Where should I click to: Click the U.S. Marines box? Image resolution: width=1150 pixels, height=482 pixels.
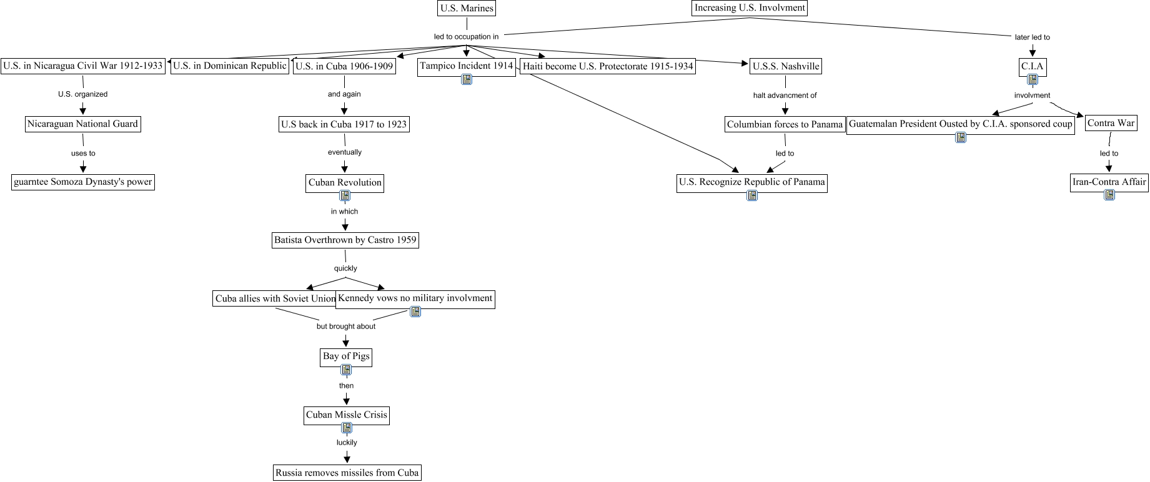[467, 8]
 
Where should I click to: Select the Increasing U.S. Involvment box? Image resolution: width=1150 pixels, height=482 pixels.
[750, 8]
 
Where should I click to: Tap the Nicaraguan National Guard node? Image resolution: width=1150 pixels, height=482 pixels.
[82, 124]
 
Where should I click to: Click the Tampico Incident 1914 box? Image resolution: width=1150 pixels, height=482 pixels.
[466, 66]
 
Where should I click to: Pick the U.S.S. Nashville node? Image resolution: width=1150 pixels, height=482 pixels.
[785, 66]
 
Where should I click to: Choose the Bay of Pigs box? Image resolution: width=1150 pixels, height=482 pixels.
[346, 356]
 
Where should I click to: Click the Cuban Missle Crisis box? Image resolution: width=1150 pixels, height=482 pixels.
[347, 415]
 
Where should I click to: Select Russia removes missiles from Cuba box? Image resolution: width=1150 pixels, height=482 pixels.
[347, 473]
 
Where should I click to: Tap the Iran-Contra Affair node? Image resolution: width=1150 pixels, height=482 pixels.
[1109, 182]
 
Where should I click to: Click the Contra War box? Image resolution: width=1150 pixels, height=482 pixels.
[1111, 123]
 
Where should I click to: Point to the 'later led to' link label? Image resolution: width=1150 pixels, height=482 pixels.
[1032, 37]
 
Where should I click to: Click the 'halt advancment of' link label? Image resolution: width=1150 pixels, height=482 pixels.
[785, 96]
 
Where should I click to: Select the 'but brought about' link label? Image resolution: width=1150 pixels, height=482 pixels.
[346, 327]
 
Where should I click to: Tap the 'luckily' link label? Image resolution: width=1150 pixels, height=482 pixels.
[347, 443]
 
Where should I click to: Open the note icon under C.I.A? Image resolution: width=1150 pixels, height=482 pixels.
[1033, 79]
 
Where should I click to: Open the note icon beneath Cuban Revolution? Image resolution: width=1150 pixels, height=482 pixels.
[345, 195]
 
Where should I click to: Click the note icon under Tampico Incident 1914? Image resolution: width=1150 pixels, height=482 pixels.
[467, 79]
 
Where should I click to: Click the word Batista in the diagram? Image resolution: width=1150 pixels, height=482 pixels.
[288, 240]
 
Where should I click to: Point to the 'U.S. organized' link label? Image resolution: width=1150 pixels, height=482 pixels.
[82, 94]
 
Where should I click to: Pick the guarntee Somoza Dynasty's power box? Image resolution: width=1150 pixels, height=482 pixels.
[83, 182]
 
